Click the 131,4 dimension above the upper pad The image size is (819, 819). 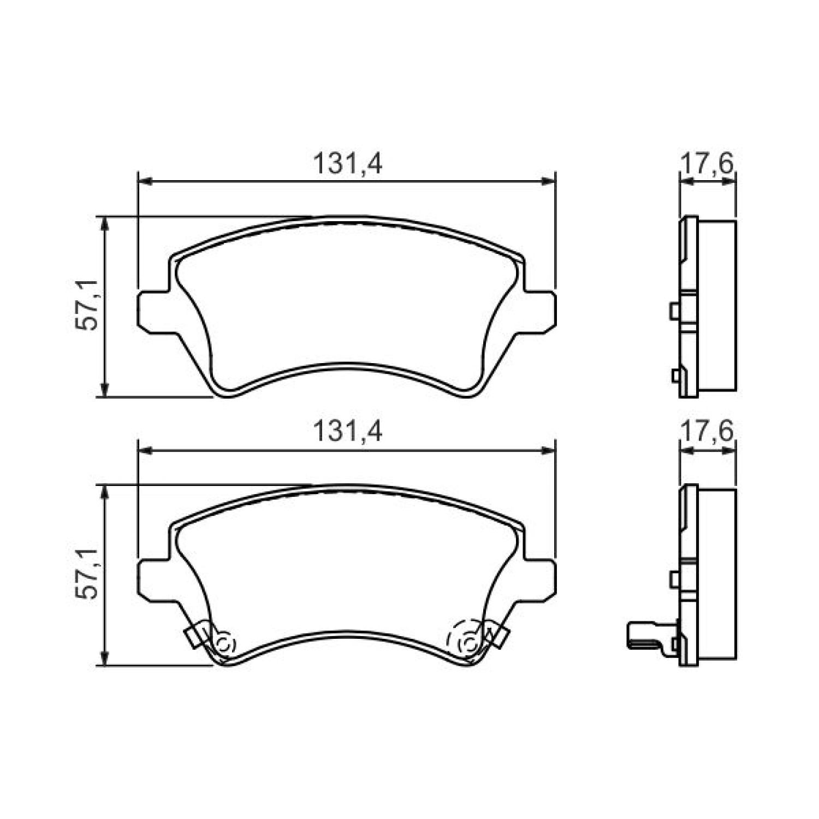[x=347, y=164]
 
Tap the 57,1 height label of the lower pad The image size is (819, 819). [x=87, y=574]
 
